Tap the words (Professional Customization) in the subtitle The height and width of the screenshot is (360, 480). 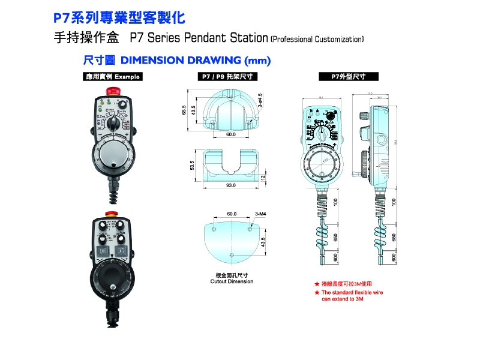click(x=317, y=40)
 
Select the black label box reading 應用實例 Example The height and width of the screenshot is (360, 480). click(x=113, y=77)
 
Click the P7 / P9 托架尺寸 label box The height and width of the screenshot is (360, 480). click(x=228, y=77)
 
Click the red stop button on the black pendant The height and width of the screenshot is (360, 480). click(x=111, y=214)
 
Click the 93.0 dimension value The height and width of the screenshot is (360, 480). click(x=231, y=186)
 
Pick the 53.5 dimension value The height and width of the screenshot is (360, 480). click(x=192, y=165)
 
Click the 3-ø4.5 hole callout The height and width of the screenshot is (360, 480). click(x=260, y=100)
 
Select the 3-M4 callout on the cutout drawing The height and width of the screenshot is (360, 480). click(x=260, y=214)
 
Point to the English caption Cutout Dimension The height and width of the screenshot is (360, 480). click(x=232, y=281)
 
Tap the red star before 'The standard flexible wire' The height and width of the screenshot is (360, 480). click(x=317, y=293)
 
